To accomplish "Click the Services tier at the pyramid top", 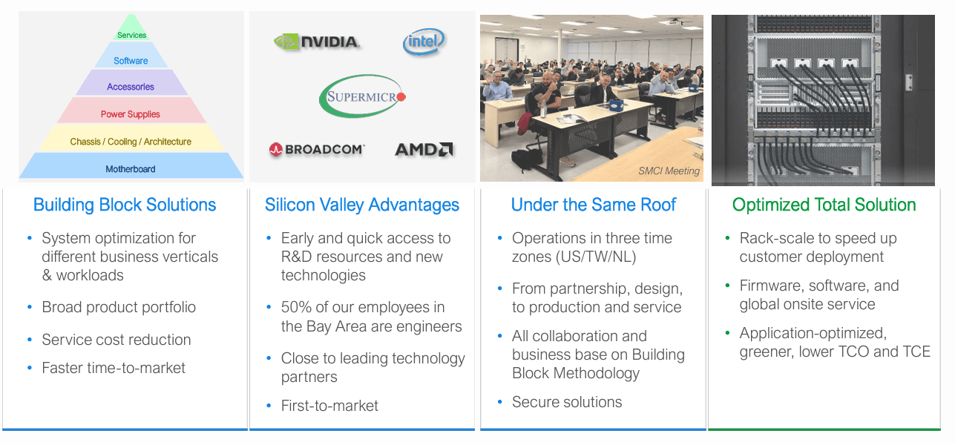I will (x=131, y=35).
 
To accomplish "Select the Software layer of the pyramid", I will (x=131, y=61).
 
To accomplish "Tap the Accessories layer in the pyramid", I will (x=131, y=87).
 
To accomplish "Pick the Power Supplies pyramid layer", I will (x=131, y=114).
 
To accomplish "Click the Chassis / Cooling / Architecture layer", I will (x=131, y=142).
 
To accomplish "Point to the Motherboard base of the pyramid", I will (x=131, y=169).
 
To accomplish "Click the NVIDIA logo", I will (x=317, y=42).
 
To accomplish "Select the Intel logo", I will (x=424, y=42).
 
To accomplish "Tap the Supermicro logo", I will (x=363, y=96).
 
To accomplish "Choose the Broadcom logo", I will (x=317, y=150).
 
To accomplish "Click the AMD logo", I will (x=424, y=150).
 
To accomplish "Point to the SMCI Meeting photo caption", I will (x=669, y=171).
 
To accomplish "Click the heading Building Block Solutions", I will (x=125, y=205).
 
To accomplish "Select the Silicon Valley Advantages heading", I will (x=362, y=205).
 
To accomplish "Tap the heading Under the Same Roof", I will (x=594, y=205).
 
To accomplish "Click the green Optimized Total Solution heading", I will (x=824, y=205).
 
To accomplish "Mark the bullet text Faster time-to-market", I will (x=114, y=368).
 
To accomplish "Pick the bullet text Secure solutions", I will (x=567, y=402).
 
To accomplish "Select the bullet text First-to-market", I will (x=329, y=406).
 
